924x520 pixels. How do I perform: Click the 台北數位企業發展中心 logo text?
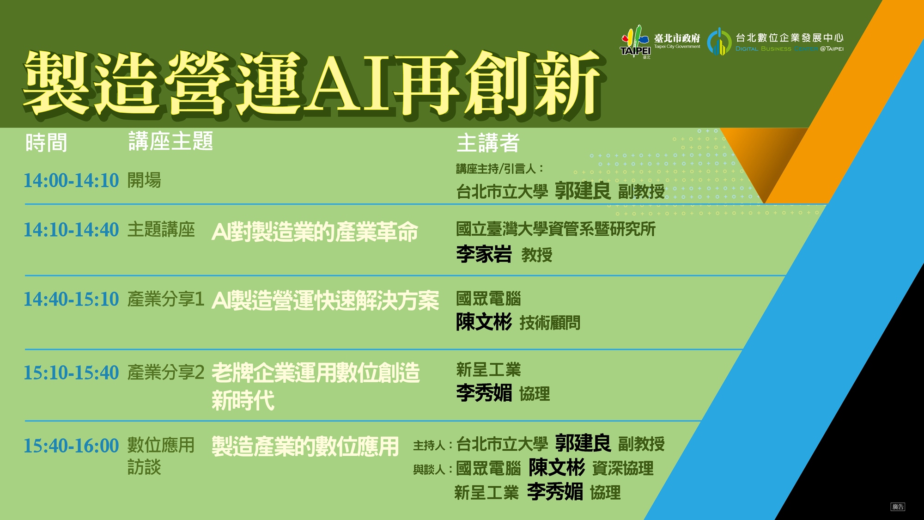click(789, 37)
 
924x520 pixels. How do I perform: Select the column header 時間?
click(46, 142)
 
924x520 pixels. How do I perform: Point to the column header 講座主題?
click(170, 141)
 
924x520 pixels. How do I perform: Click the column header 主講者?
click(488, 143)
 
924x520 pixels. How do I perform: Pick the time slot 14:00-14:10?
click(71, 180)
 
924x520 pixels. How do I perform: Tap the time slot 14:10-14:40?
click(71, 230)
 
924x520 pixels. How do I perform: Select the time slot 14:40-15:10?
click(71, 299)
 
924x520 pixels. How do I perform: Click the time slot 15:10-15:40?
click(71, 373)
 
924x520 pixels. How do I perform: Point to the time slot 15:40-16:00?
click(71, 446)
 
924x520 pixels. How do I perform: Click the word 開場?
click(144, 180)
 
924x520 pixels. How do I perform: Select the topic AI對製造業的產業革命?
click(315, 232)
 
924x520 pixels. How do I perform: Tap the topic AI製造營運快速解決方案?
click(325, 301)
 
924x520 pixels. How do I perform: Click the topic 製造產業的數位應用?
click(305, 447)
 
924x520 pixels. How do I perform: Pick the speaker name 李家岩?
click(484, 254)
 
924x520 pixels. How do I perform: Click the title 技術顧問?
click(550, 323)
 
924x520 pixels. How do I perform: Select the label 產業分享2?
click(166, 373)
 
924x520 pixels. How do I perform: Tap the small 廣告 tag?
click(898, 507)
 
